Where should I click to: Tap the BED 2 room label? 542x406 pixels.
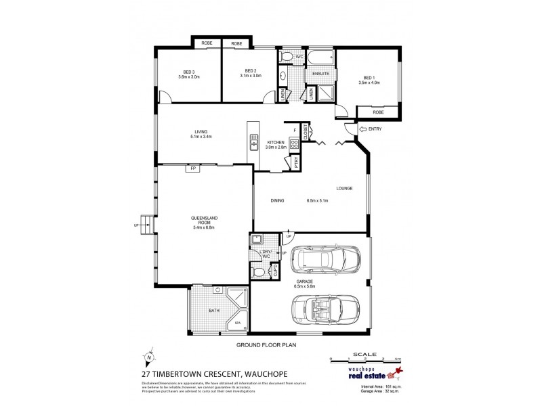click(x=251, y=70)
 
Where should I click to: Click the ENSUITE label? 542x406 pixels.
click(x=320, y=73)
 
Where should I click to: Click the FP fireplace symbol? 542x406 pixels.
click(x=193, y=168)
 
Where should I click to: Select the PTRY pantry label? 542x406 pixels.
click(x=296, y=162)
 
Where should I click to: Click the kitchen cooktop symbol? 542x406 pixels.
click(x=295, y=143)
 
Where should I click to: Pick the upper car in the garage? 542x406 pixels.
click(x=327, y=258)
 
